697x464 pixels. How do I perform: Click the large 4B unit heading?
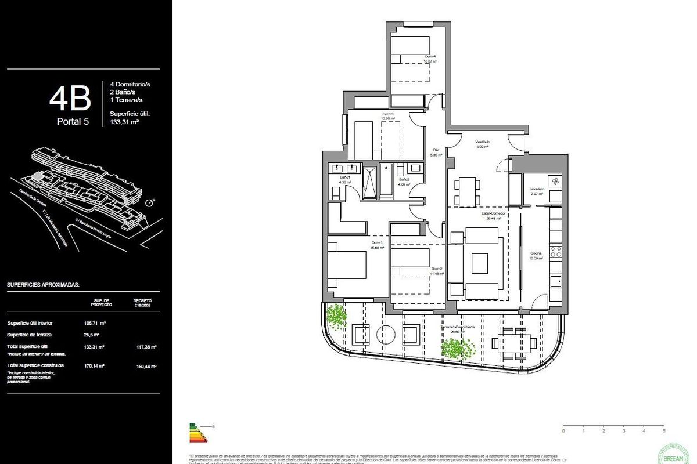pos(70,99)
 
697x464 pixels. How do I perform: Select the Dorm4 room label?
pos(430,57)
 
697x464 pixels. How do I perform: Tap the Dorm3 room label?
pos(388,114)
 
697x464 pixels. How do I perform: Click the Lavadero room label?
pos(536,190)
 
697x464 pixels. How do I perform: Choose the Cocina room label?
pos(536,254)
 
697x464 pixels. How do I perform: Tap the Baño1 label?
pos(344,177)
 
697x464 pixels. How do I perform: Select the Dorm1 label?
pos(377,243)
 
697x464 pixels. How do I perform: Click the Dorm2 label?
pos(437,269)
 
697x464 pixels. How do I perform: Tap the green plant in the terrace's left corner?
pos(336,316)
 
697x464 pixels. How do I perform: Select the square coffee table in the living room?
pos(480,263)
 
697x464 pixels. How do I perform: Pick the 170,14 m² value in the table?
pos(94,365)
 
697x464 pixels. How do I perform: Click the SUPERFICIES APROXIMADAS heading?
pos(43,285)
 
